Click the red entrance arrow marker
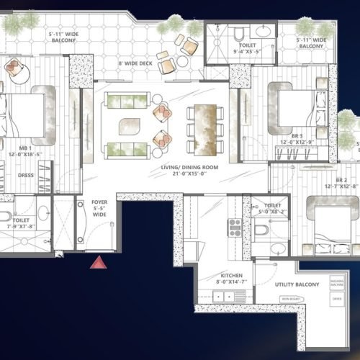point(98,263)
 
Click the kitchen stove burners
point(235,228)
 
